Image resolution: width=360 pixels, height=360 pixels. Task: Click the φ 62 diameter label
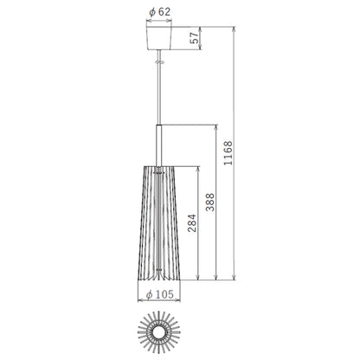point(159,12)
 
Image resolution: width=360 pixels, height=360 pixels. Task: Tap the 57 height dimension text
point(196,38)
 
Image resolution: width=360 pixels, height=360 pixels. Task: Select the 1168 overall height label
point(228,153)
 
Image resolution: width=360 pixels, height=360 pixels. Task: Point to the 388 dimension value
point(210,202)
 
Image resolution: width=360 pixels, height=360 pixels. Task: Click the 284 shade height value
point(192,223)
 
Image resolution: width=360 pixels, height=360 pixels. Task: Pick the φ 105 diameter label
point(160,294)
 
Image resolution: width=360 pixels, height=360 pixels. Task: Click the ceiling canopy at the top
point(159,38)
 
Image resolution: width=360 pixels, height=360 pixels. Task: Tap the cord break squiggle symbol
point(159,61)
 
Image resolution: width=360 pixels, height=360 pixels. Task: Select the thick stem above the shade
point(159,145)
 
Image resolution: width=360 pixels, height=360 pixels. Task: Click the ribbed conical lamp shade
point(159,223)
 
